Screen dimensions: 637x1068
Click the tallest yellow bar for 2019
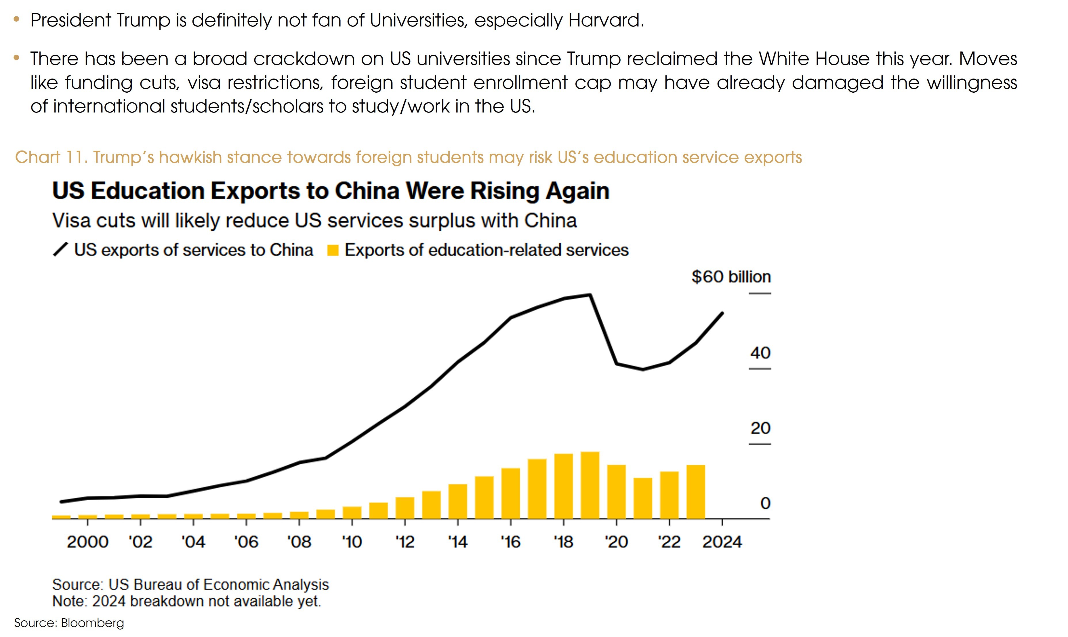[590, 485]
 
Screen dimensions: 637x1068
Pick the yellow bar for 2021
[642, 498]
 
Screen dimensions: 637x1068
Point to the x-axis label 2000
[87, 542]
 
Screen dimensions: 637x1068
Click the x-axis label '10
[352, 542]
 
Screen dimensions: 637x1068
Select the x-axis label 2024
[722, 542]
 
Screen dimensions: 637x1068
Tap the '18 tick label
[563, 542]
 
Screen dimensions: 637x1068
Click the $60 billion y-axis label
[731, 277]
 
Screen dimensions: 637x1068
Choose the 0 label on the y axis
[765, 503]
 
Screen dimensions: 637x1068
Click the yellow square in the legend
[333, 250]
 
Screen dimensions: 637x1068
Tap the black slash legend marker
[60, 249]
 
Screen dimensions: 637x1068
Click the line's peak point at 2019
[590, 295]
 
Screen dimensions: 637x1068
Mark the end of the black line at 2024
[722, 313]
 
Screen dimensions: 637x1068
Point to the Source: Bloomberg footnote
[69, 623]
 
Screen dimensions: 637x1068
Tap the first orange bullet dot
[17, 19]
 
